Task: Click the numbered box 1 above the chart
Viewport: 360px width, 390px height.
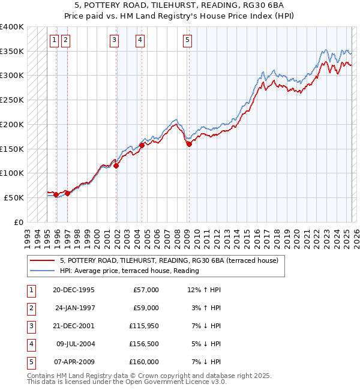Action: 54,40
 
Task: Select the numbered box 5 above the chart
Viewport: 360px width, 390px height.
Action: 188,40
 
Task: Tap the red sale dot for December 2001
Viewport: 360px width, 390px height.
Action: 116,166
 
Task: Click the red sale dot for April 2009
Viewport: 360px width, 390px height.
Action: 189,144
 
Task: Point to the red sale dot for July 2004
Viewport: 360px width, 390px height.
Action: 142,145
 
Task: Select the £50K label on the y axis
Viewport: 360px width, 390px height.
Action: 14,197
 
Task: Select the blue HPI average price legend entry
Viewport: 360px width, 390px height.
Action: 129,271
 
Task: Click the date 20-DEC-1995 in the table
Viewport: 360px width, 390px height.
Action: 74,290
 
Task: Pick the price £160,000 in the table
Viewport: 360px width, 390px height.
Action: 144,362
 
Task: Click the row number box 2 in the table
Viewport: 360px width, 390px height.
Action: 30,308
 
